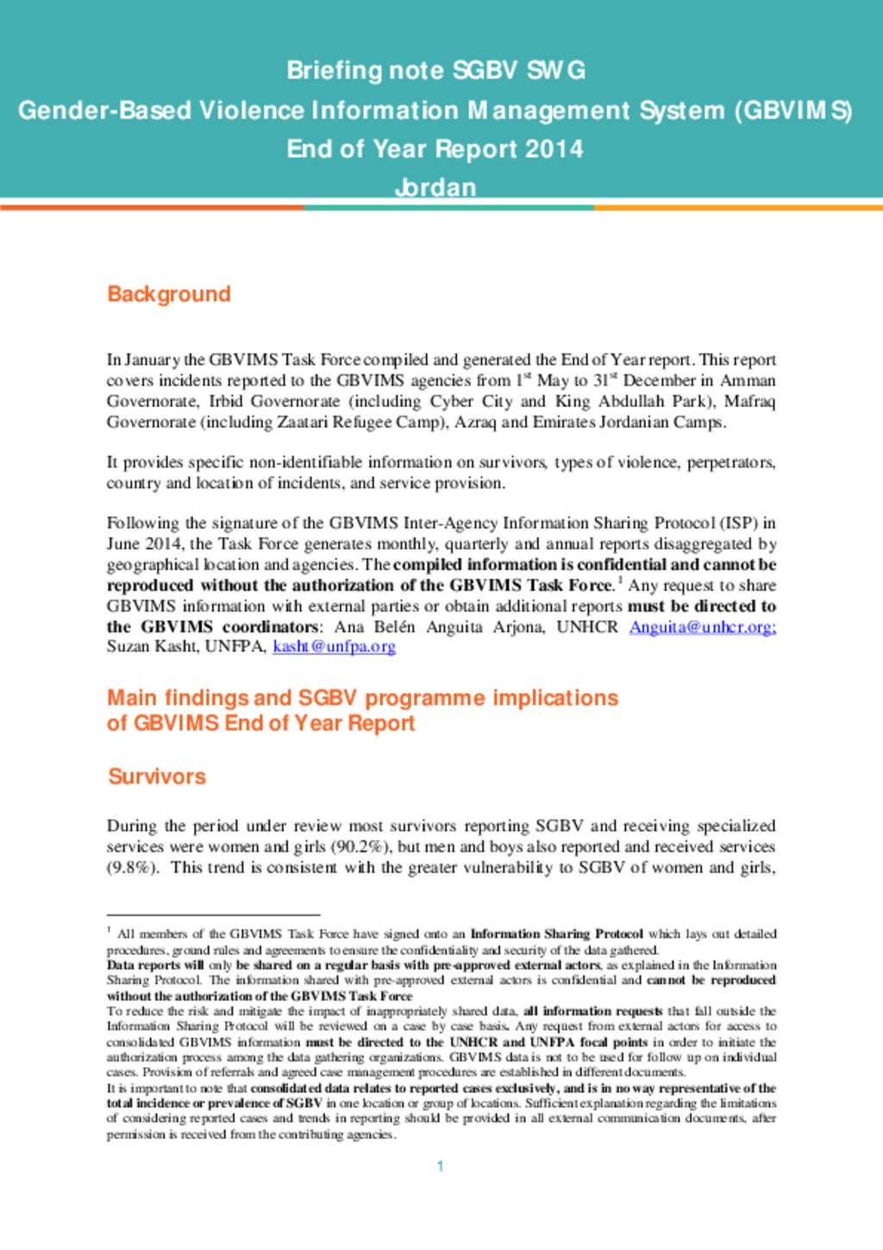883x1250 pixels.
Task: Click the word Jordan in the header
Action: tap(435, 187)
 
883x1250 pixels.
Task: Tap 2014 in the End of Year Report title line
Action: tap(554, 149)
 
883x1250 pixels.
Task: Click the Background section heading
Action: tap(169, 294)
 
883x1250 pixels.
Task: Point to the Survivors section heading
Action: tap(157, 776)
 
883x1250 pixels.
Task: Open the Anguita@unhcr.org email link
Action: tap(702, 627)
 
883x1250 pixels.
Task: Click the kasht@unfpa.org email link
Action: tap(334, 646)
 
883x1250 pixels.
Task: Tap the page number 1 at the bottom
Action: tap(440, 1166)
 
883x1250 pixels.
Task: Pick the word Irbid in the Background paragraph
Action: tap(226, 402)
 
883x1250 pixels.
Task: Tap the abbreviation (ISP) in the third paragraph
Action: tap(739, 524)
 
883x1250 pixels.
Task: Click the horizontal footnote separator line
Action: tap(213, 914)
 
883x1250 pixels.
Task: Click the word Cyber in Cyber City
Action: tap(452, 402)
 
